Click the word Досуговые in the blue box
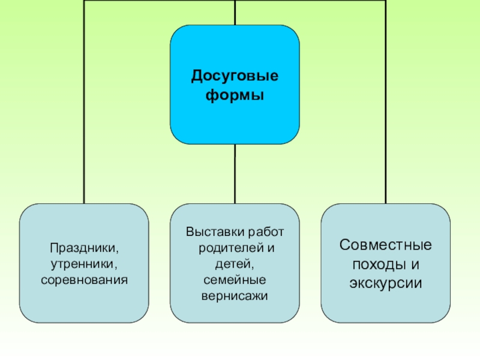pyautogui.click(x=235, y=76)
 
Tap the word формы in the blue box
pyautogui.click(x=235, y=95)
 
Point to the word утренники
pyautogui.click(x=84, y=263)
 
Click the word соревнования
pyautogui.click(x=84, y=280)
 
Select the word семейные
pyautogui.click(x=235, y=280)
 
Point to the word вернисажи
pyautogui.click(x=235, y=296)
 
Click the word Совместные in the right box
pyautogui.click(x=385, y=245)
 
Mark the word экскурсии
pyautogui.click(x=385, y=283)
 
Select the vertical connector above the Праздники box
pyautogui.click(x=84, y=120)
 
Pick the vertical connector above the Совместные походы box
pyautogui.click(x=385, y=120)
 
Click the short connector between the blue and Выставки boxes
pyautogui.click(x=235, y=174)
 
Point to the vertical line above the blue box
pyautogui.click(x=235, y=12)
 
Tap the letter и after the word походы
pyautogui.click(x=413, y=264)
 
